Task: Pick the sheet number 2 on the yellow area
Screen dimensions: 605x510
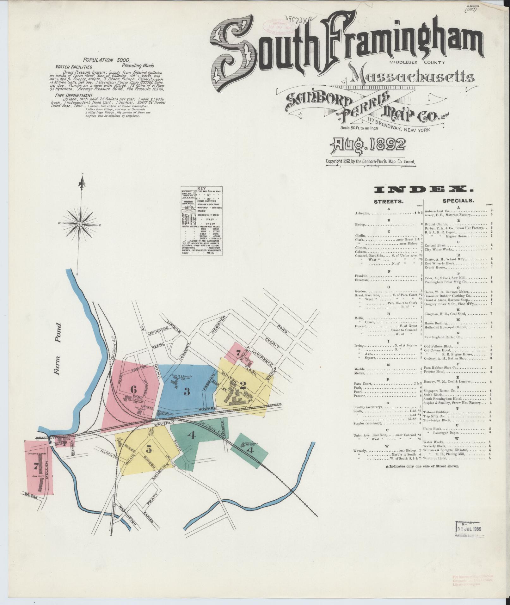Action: click(x=243, y=385)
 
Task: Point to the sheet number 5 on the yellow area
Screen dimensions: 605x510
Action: click(x=149, y=448)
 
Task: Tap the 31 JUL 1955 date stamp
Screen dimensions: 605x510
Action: click(x=470, y=528)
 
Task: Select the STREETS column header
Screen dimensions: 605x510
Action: click(x=389, y=201)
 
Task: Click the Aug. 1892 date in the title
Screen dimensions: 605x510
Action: click(x=368, y=145)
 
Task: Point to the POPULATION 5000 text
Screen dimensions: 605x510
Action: click(x=104, y=60)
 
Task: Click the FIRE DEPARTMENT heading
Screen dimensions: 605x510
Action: click(x=74, y=95)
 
